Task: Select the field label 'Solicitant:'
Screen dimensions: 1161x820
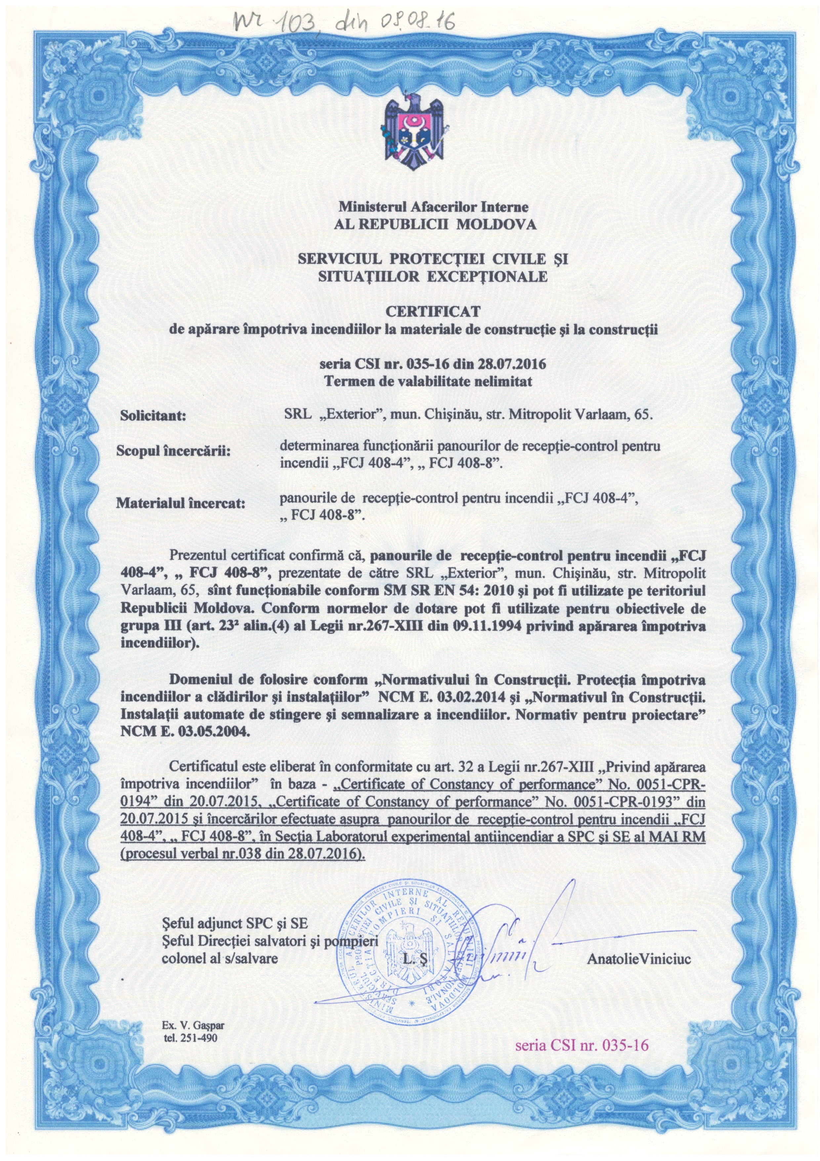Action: [x=152, y=417]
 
